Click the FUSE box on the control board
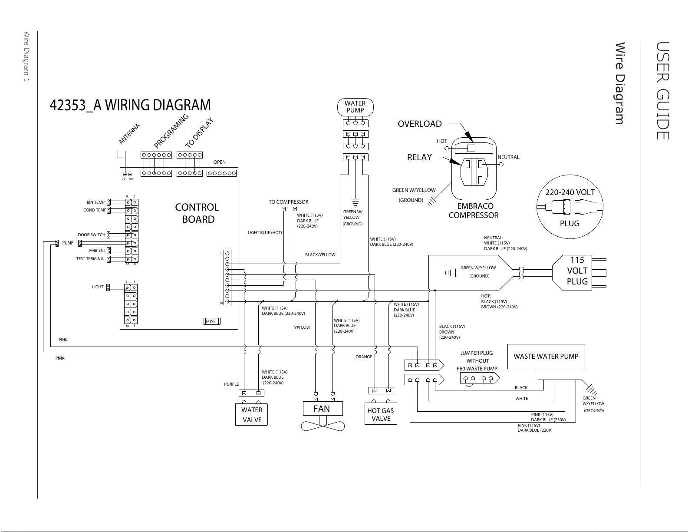[212, 321]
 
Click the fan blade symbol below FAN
[323, 426]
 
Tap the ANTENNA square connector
[122, 154]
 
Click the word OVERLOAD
[419, 124]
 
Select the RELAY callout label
[419, 157]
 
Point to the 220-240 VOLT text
[570, 192]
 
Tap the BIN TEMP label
[95, 202]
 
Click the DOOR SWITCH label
[92, 235]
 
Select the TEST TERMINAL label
[91, 259]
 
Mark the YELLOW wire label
[302, 327]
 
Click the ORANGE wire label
[364, 357]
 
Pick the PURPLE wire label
[231, 384]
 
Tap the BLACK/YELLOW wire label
[320, 254]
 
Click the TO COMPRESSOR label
[288, 202]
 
